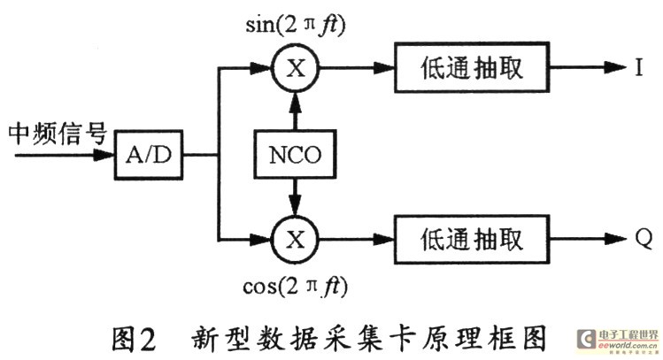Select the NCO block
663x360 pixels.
(297, 156)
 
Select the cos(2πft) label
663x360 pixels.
(297, 287)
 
